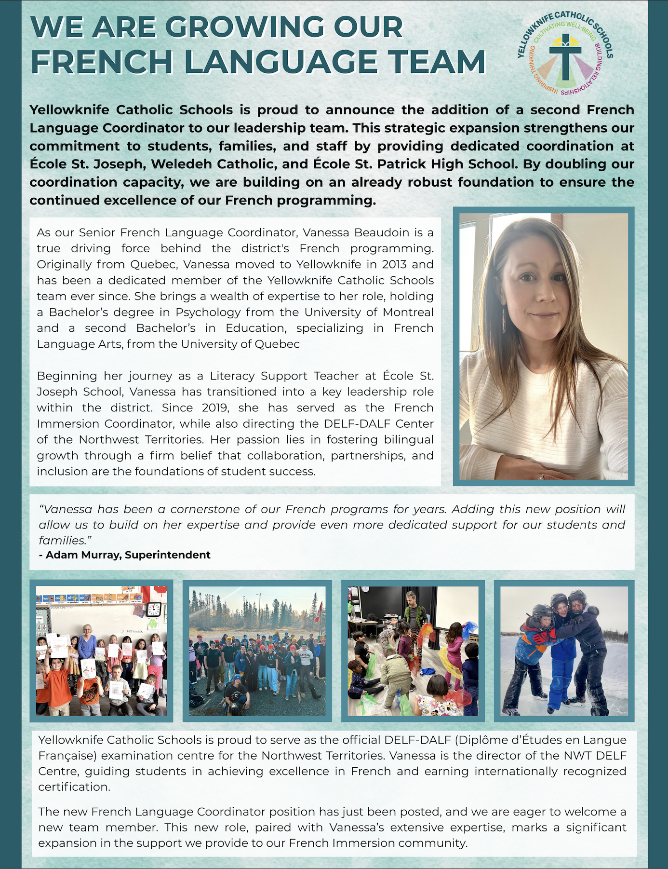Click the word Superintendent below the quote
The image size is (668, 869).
coord(167,555)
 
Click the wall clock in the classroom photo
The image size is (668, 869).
coord(154,609)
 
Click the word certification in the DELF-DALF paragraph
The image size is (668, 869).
coord(74,787)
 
